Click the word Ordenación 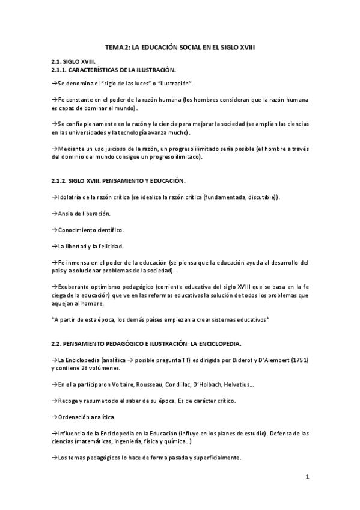pos(74,416)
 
